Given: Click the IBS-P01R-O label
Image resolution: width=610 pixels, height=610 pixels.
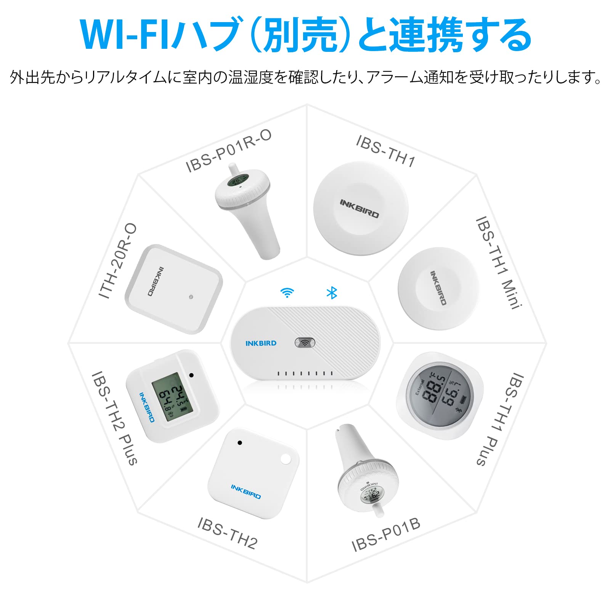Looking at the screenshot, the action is pos(228,151).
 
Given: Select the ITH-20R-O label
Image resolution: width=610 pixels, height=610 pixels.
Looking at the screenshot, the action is pos(117,261).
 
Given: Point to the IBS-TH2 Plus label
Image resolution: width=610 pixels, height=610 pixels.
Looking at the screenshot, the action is pos(114,418).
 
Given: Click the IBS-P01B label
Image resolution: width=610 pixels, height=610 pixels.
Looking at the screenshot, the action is pos(385,535).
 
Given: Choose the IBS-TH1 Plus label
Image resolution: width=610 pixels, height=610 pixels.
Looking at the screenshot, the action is pos(500,419).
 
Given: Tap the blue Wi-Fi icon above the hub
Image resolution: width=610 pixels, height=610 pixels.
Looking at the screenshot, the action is pos(287,293).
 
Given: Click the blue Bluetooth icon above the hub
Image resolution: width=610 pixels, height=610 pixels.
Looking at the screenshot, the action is pos(332,293).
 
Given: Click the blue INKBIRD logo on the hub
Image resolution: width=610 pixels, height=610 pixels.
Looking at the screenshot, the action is pos(261,343).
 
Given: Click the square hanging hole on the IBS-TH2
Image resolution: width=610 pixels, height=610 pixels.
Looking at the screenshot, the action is pos(286,459).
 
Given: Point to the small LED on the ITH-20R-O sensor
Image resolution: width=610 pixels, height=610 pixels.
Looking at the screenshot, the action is pos(191,297).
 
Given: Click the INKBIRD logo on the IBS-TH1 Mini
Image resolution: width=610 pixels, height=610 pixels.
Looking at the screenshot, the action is pos(438,288).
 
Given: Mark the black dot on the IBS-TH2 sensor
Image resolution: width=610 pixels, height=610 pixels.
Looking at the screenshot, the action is pos(239,443).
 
